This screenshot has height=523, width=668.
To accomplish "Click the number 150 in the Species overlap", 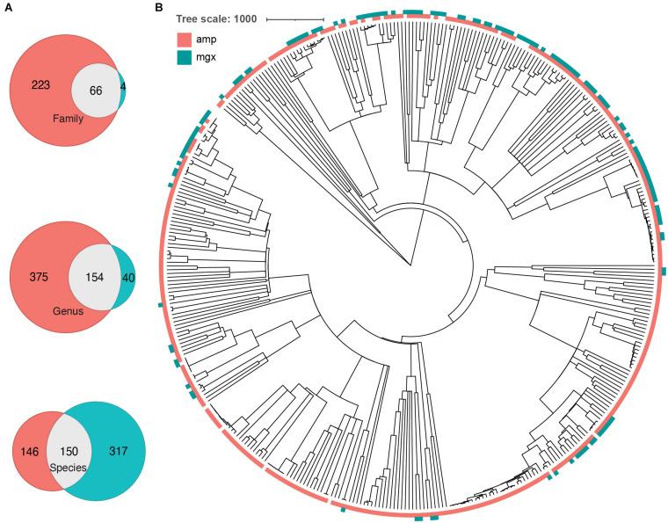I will coord(69,452).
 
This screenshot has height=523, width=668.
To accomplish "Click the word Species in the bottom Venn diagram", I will coord(69,468).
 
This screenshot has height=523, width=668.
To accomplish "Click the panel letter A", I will coord(8,9).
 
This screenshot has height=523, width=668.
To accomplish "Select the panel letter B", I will coord(158,9).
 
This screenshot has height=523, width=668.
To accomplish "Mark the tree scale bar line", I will coord(295,19).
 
